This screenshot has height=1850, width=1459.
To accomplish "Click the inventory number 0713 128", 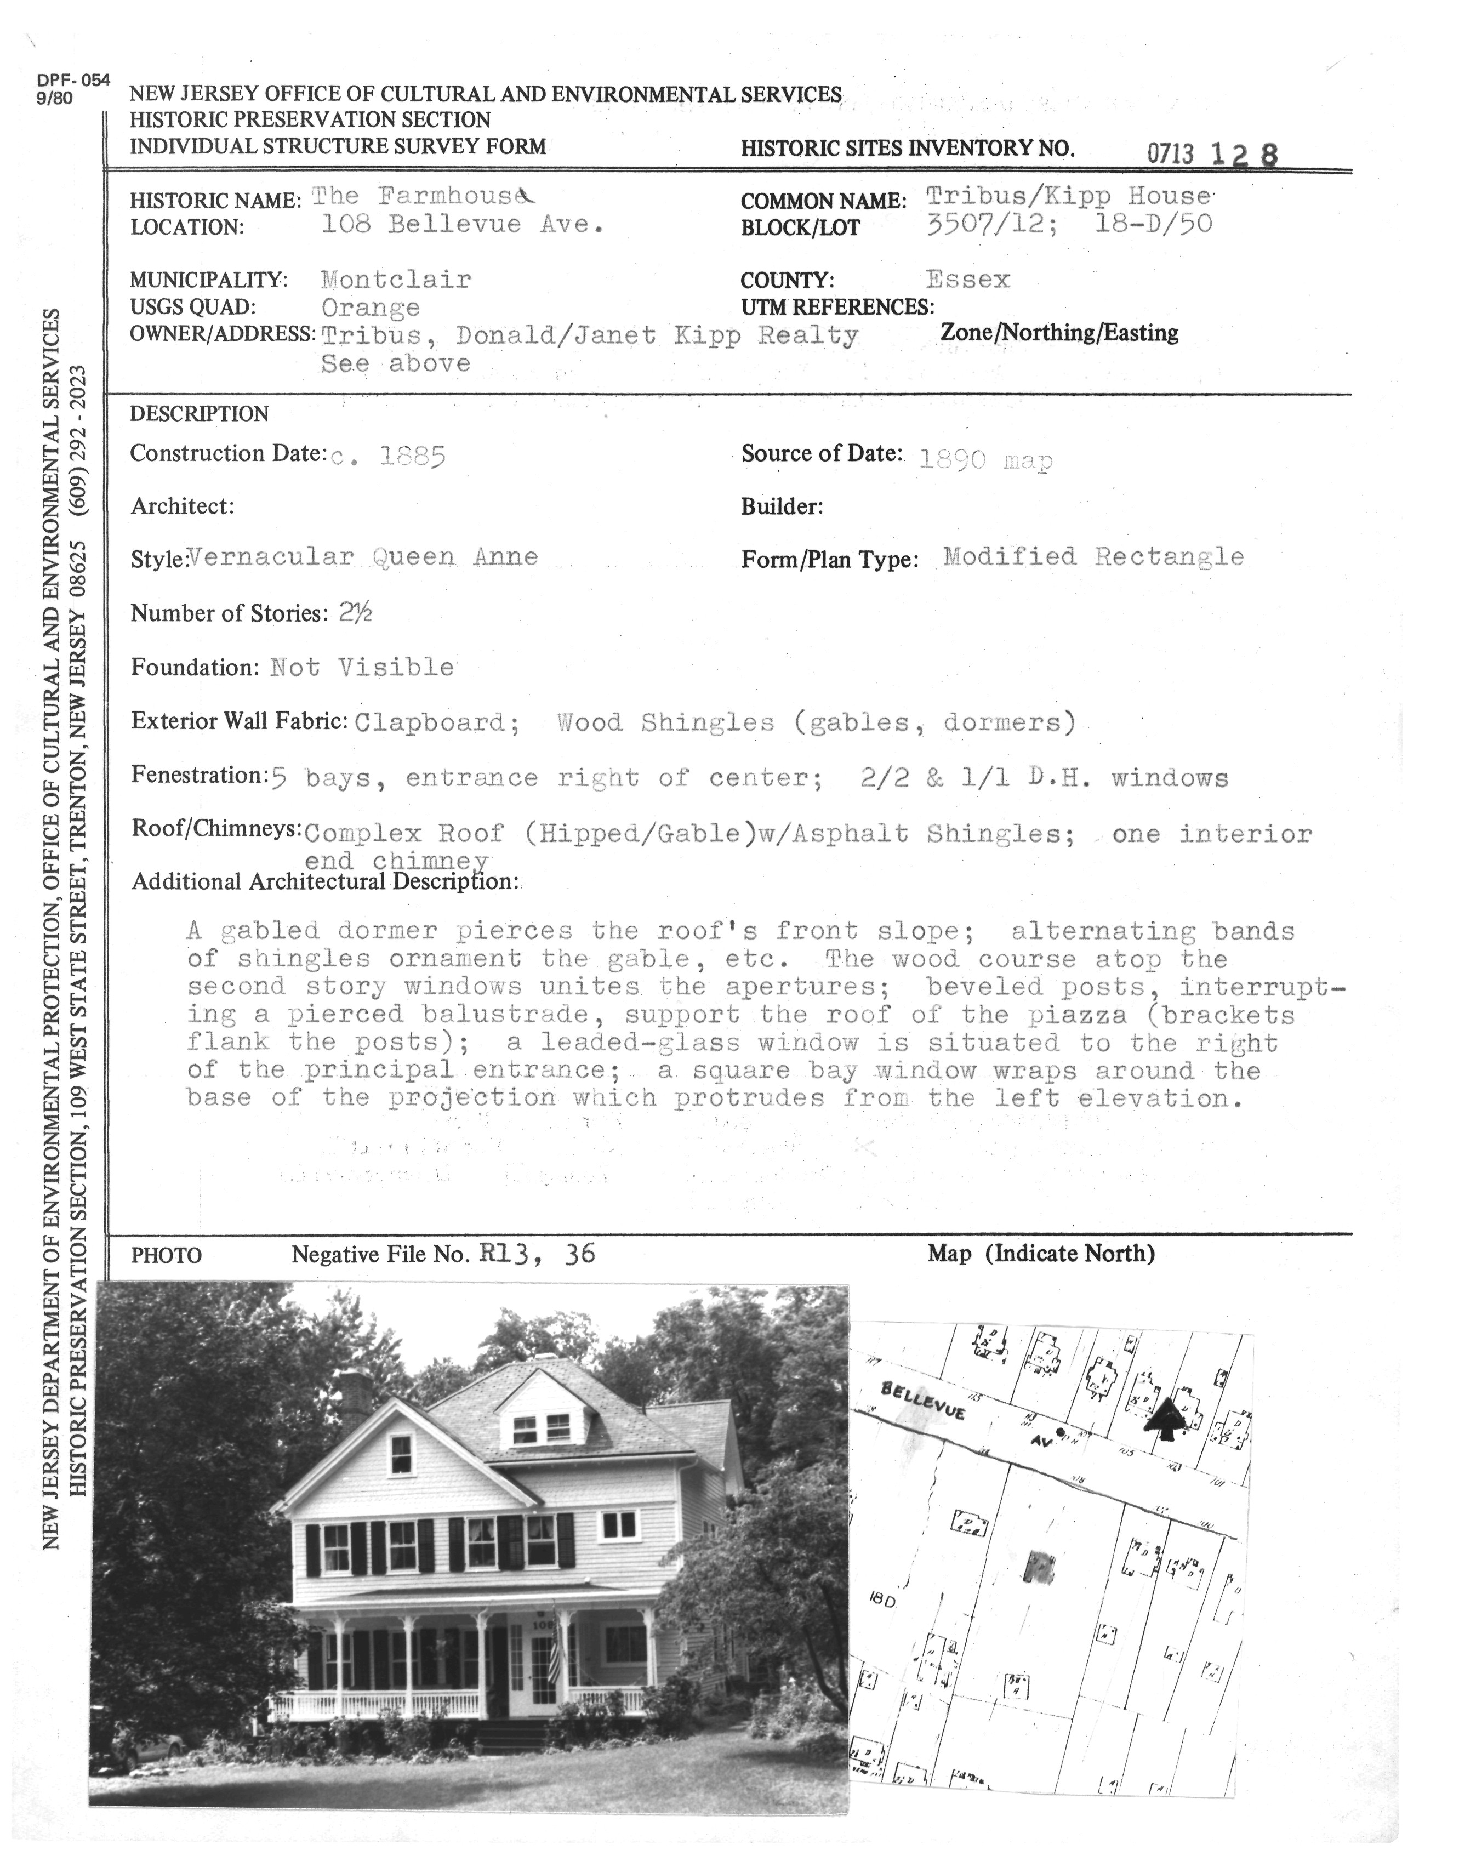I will [x=1212, y=153].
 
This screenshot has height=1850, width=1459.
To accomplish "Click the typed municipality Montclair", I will [x=396, y=280].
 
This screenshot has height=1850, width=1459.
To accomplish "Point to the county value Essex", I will [x=968, y=280].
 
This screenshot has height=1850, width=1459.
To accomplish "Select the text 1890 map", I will [x=986, y=461].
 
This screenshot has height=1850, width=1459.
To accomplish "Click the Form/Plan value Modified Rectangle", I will [x=1093, y=557].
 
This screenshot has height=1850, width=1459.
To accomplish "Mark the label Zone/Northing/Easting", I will [x=1059, y=333].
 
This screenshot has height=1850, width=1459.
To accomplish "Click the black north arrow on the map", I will [x=1165, y=1419].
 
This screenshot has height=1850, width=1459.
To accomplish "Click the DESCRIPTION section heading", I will [x=199, y=414].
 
